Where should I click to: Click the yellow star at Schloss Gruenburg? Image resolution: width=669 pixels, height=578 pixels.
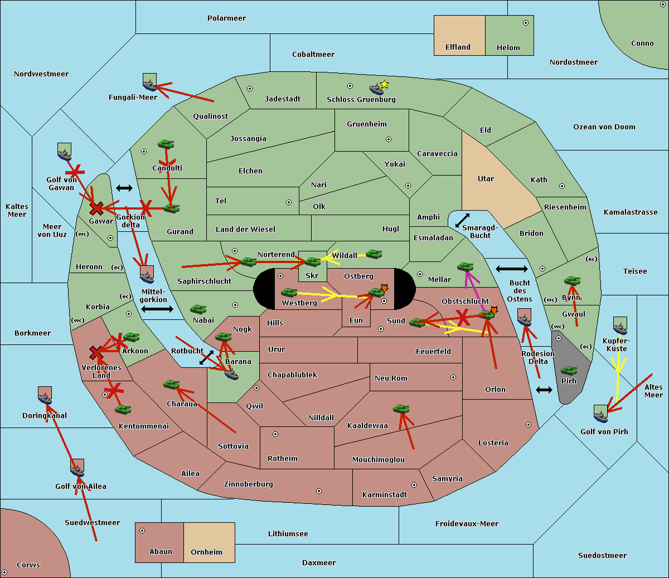point(384,84)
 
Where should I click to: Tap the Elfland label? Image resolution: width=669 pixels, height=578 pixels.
point(458,47)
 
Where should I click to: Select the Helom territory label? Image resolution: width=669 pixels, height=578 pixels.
point(508,48)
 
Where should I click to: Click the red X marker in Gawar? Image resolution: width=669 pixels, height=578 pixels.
point(96,209)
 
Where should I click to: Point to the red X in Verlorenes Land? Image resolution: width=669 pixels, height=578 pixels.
point(96,353)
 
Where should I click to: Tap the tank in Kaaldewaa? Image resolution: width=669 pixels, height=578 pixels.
point(401,409)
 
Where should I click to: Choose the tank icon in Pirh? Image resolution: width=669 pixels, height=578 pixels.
point(569,371)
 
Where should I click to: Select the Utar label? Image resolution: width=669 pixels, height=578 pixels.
point(486,179)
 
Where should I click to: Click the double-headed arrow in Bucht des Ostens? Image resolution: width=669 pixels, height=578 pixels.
point(511,269)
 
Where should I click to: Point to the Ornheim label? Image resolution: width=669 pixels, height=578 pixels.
point(206,552)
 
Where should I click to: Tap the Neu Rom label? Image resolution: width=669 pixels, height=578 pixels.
point(391,378)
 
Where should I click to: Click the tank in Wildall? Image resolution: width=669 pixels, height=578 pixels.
point(374,254)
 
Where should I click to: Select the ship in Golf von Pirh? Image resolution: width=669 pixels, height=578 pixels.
point(600,415)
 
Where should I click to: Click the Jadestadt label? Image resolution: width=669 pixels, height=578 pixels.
point(282,99)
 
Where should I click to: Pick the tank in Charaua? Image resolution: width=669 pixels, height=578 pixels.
point(171,385)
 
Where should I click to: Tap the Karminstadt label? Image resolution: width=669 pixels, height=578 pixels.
point(385,495)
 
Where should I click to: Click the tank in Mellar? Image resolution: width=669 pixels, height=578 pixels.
point(465,268)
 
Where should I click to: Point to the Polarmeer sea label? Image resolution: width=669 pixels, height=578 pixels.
point(226,18)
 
